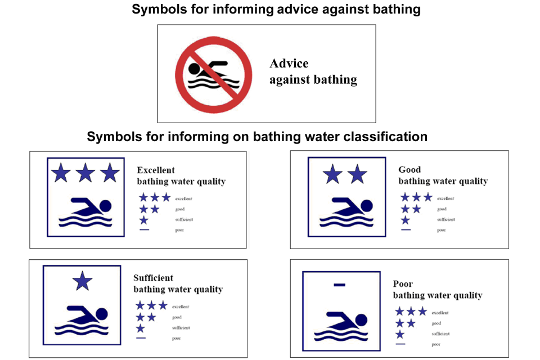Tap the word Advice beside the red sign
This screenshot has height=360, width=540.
coord(289,64)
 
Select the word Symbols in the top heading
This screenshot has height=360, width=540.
coord(156,10)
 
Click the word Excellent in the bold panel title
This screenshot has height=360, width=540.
coord(156,170)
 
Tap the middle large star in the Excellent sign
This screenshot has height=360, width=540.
coord(85,173)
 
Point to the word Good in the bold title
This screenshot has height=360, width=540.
coord(409,169)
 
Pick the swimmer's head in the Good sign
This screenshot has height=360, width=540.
coord(366,205)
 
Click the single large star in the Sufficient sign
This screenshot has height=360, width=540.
coord(83,281)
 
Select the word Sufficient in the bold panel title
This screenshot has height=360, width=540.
coord(153,278)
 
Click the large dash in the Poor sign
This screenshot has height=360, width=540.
coord(339,285)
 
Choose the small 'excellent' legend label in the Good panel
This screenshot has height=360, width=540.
coord(445,199)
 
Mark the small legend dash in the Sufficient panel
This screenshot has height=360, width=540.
coord(141,338)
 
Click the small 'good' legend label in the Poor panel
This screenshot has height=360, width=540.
coord(436,323)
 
